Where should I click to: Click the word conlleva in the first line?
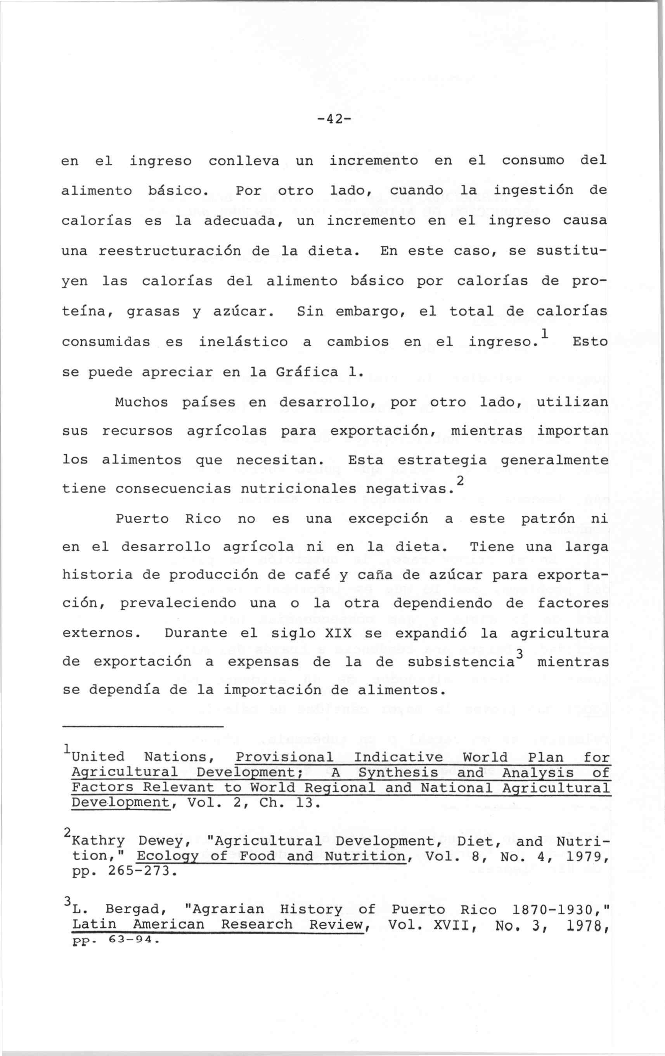point(244,162)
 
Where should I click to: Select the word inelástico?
point(243,342)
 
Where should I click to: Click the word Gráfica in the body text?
point(307,372)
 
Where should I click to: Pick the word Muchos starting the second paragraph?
point(141,402)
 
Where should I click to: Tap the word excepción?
point(388,519)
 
